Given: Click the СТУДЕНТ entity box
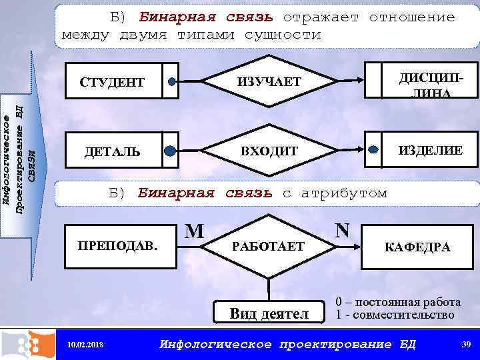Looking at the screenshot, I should (x=112, y=83).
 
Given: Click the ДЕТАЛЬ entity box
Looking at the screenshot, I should (x=112, y=151).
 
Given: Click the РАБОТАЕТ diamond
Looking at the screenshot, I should (x=268, y=247).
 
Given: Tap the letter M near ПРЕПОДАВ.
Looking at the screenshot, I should (x=194, y=231).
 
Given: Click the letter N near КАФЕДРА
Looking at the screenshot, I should (x=343, y=230).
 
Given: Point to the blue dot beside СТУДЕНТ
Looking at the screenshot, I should (x=172, y=83).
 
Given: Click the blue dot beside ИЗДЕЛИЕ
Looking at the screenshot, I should (x=373, y=150).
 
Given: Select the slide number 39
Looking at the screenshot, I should (x=465, y=344).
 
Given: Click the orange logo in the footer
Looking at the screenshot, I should (x=28, y=344).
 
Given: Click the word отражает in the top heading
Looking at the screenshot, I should (x=322, y=17).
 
